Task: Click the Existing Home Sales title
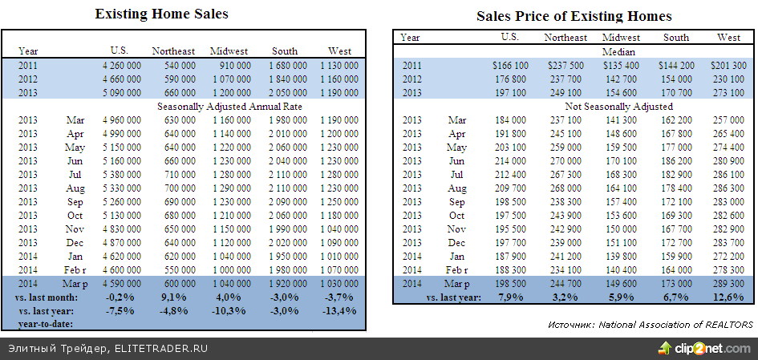(161, 14)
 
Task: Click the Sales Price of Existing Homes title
(574, 16)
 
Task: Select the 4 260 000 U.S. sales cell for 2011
(122, 65)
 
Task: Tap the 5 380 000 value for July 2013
(122, 174)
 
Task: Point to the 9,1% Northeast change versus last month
(174, 297)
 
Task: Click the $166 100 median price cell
(510, 65)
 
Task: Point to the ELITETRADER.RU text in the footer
(161, 348)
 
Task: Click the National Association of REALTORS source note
(651, 324)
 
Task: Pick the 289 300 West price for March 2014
(728, 283)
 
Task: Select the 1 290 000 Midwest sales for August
(230, 188)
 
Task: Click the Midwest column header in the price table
(621, 38)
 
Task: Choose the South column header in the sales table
(285, 51)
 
